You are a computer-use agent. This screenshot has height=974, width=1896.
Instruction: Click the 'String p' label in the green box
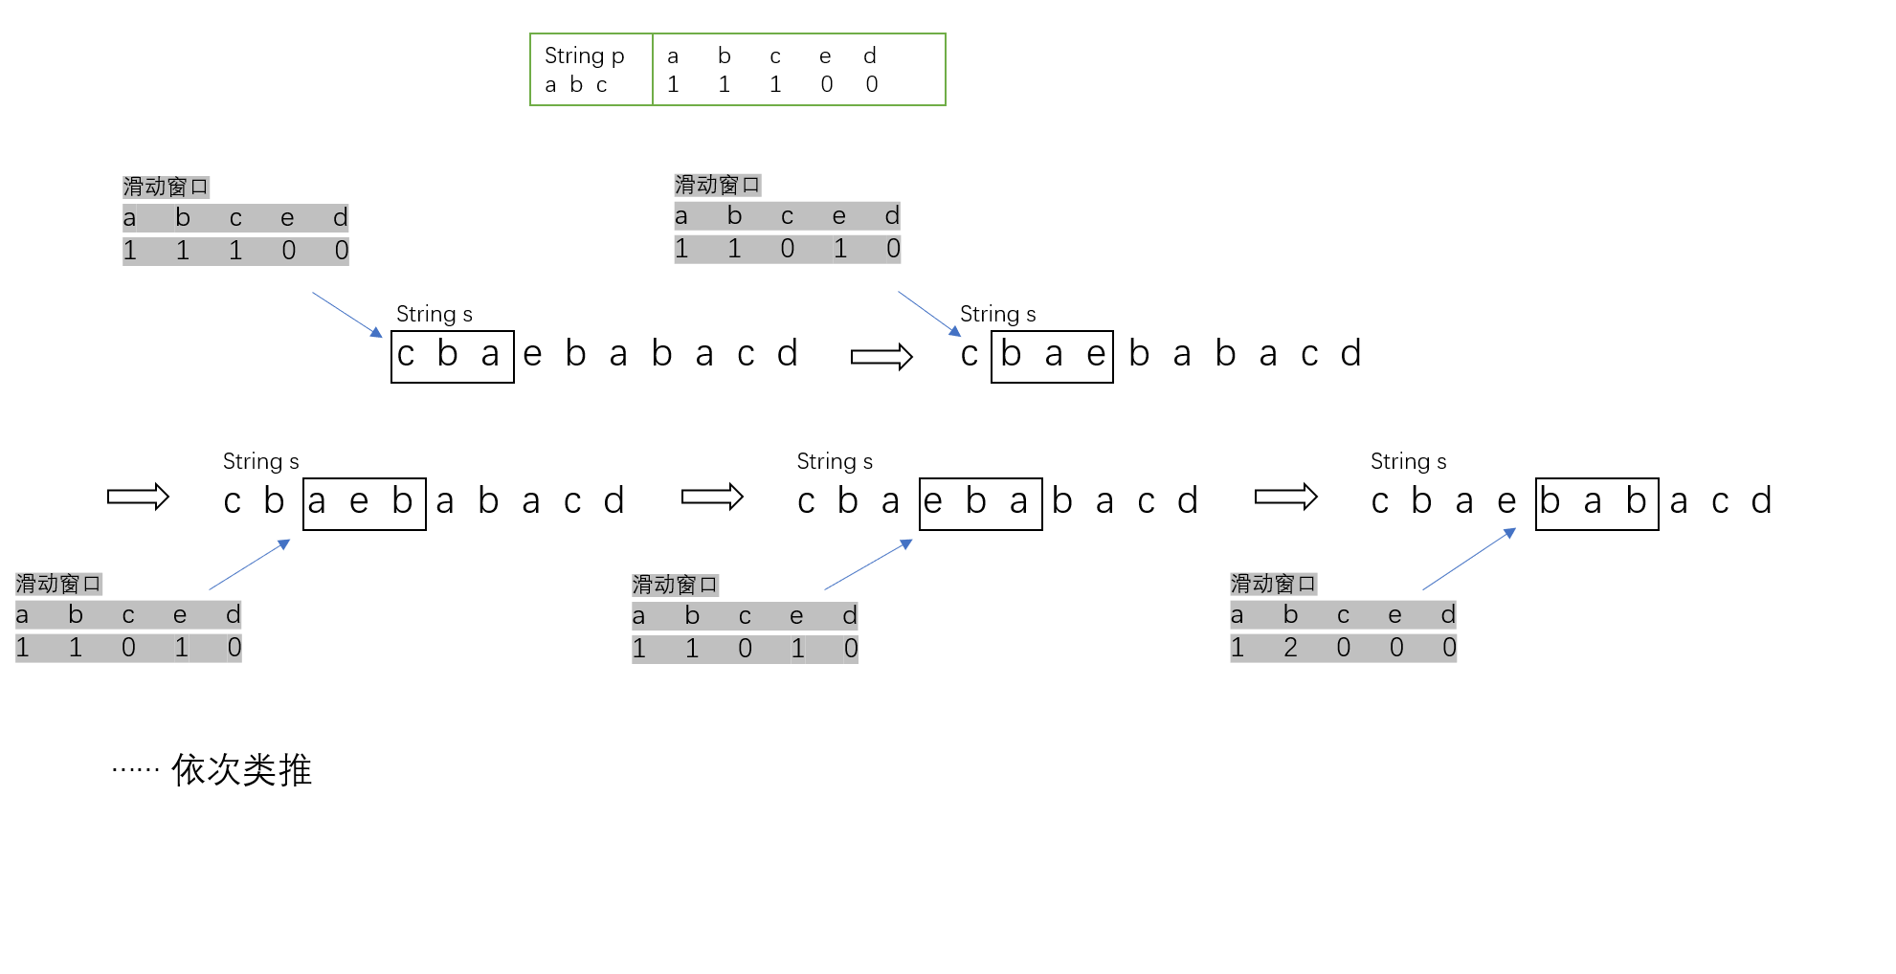pos(584,55)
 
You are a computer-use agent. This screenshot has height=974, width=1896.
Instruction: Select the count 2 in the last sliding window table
pos(1290,648)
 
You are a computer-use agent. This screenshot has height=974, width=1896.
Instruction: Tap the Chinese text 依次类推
pos(241,770)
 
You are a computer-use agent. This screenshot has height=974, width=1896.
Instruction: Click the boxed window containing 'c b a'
pos(452,356)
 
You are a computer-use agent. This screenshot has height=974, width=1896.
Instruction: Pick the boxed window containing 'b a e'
pos(1052,356)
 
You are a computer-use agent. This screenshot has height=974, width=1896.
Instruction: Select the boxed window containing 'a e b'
pos(364,503)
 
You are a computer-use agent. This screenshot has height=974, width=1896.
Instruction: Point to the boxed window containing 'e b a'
pos(980,503)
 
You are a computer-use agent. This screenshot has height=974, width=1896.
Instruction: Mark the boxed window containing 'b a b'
pos(1596,503)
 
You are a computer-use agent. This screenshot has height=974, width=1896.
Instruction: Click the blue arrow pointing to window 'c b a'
pos(347,315)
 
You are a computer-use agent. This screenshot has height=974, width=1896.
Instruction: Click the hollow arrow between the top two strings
pos(881,357)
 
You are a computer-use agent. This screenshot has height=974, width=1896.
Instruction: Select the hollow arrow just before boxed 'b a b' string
pos(1285,497)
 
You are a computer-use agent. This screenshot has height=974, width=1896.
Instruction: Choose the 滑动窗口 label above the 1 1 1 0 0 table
pos(165,187)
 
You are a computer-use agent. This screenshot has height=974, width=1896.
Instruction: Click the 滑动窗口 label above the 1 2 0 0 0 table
pos(1272,584)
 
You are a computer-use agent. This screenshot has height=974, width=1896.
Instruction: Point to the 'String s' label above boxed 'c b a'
pos(434,314)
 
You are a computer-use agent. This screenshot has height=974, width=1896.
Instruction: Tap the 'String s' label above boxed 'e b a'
pos(835,461)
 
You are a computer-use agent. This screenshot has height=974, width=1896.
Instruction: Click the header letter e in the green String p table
pos(825,56)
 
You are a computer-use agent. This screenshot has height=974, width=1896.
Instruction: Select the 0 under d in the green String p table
pos(871,84)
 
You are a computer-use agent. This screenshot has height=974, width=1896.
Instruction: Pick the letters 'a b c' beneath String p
pos(576,85)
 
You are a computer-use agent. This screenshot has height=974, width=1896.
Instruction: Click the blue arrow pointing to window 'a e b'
pos(249,564)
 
